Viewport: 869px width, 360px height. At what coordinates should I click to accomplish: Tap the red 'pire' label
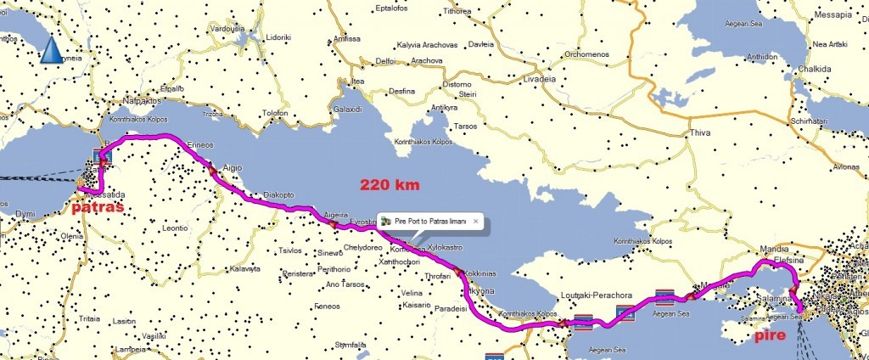pyautogui.click(x=774, y=337)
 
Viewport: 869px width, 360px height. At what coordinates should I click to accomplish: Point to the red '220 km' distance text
pyautogui.click(x=390, y=184)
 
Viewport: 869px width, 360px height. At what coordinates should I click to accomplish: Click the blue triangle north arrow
pyautogui.click(x=52, y=51)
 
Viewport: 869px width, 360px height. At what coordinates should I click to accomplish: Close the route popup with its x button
pyautogui.click(x=476, y=221)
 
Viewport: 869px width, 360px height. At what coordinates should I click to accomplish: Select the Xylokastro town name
pyautogui.click(x=447, y=246)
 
